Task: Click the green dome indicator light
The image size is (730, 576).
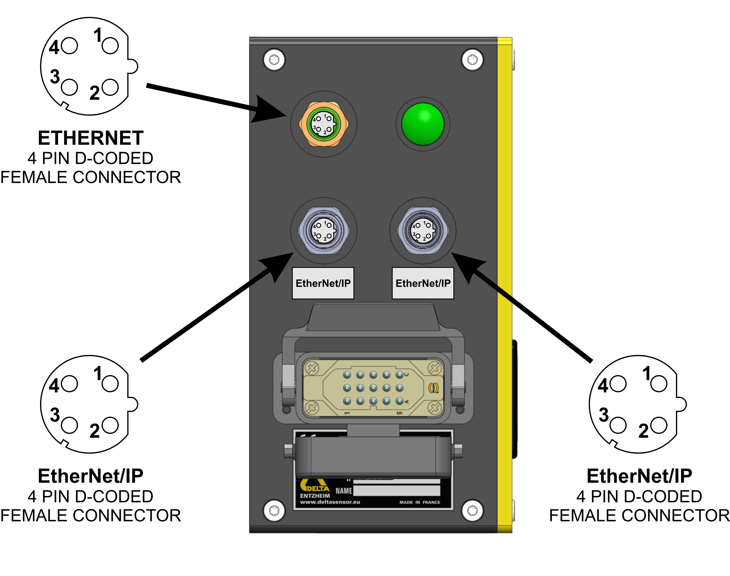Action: click(422, 124)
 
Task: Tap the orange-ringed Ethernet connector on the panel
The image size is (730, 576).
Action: click(323, 124)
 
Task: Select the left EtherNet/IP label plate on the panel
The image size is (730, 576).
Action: click(323, 283)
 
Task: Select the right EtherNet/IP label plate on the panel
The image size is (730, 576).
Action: click(422, 283)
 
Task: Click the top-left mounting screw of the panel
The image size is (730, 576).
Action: click(274, 60)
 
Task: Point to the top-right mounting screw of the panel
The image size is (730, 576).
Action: click(472, 60)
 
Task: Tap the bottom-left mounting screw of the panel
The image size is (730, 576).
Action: click(274, 511)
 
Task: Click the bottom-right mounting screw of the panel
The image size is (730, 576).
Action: click(472, 511)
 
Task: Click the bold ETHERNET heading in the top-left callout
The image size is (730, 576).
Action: click(90, 138)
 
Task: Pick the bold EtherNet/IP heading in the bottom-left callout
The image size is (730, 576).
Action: click(90, 476)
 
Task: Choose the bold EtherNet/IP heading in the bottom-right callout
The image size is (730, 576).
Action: click(639, 476)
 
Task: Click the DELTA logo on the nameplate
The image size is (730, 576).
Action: click(315, 486)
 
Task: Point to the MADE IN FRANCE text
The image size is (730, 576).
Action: click(420, 502)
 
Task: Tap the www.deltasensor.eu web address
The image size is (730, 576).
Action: click(330, 502)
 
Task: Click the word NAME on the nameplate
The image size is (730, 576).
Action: click(344, 491)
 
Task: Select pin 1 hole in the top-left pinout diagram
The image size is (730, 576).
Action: click(110, 46)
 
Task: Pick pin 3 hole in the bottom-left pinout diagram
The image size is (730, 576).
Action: click(70, 425)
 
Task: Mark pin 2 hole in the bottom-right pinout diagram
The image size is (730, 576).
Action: click(659, 425)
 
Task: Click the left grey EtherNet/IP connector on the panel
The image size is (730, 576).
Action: click(323, 231)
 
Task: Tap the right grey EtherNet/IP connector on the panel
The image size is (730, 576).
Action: click(422, 231)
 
